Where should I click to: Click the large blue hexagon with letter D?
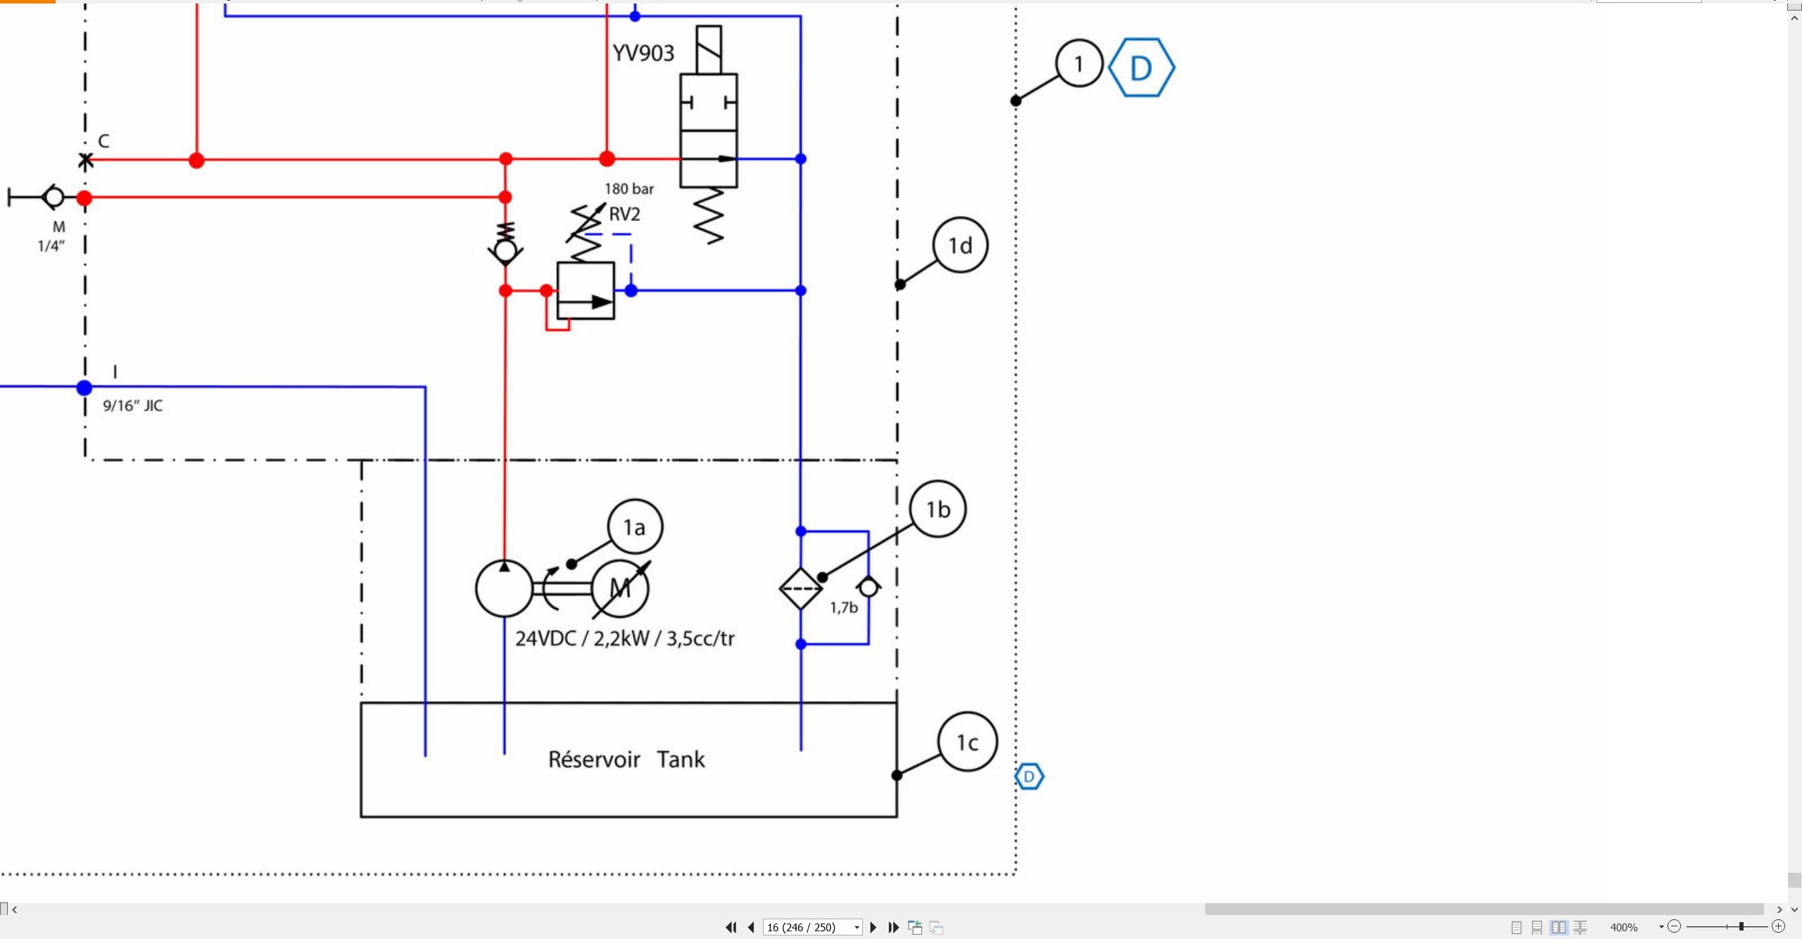coord(1141,68)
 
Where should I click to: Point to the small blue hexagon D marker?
coord(1029,776)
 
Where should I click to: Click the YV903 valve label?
coord(643,53)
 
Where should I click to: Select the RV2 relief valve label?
coord(624,214)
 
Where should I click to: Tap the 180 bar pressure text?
coord(629,189)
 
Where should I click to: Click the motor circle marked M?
coord(619,588)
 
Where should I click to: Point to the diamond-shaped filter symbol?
coord(801,588)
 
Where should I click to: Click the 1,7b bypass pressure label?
coord(844,607)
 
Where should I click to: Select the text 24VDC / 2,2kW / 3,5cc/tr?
coord(625,638)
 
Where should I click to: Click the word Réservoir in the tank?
coord(594,759)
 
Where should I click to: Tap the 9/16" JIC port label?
coord(132,405)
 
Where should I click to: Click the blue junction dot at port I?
coord(84,387)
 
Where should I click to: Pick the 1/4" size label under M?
coord(51,246)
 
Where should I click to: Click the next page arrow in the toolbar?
coord(874,927)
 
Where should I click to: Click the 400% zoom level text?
coord(1624,927)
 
